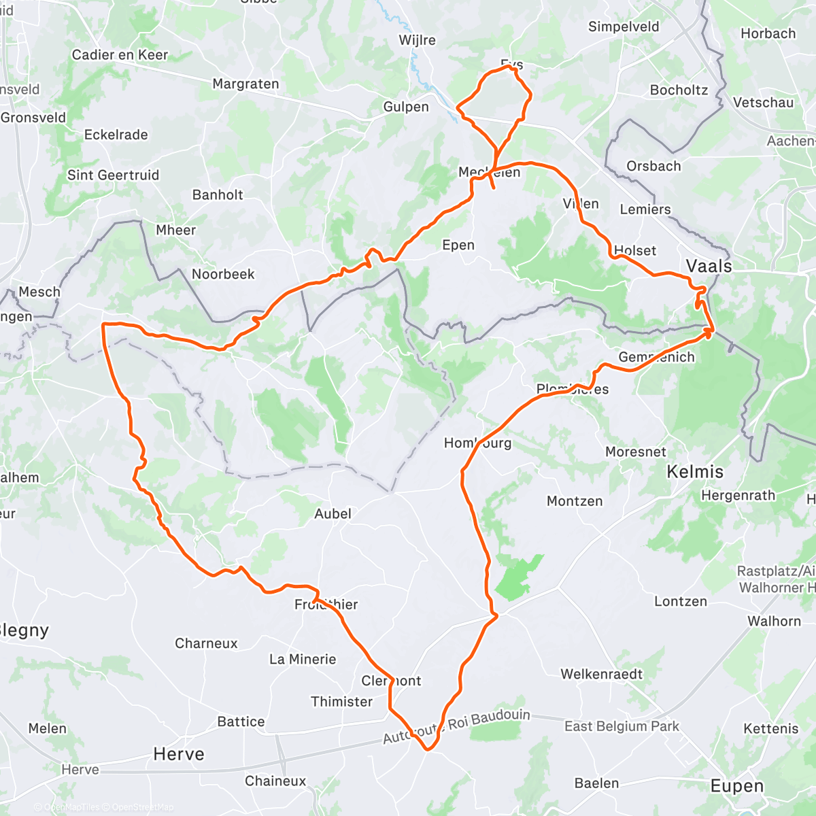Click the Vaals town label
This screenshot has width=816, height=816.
coord(709,266)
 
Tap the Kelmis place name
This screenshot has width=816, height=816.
coord(695,471)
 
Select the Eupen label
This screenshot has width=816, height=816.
coord(737,786)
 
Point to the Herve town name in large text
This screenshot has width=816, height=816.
coord(179,753)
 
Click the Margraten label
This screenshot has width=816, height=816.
coord(245,84)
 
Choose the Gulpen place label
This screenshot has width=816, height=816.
coord(406,107)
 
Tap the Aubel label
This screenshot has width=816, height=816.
coord(333,513)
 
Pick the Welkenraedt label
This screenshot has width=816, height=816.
coord(601,674)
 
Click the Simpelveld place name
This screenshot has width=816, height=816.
coord(624,27)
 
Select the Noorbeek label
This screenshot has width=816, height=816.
coord(223,274)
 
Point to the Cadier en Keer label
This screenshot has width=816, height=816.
coord(120,54)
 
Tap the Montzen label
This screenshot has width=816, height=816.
coord(575,501)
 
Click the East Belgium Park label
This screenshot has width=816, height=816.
coord(622,726)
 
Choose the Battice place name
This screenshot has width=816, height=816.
coord(241,721)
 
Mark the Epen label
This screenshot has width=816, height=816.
coord(458,245)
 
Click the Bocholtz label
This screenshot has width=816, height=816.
coord(679,90)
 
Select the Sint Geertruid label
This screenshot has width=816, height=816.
coord(113,175)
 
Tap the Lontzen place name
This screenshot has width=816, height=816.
coord(680,601)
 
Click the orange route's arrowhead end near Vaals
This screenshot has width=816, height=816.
coord(710,332)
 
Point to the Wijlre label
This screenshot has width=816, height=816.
coord(417,40)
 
